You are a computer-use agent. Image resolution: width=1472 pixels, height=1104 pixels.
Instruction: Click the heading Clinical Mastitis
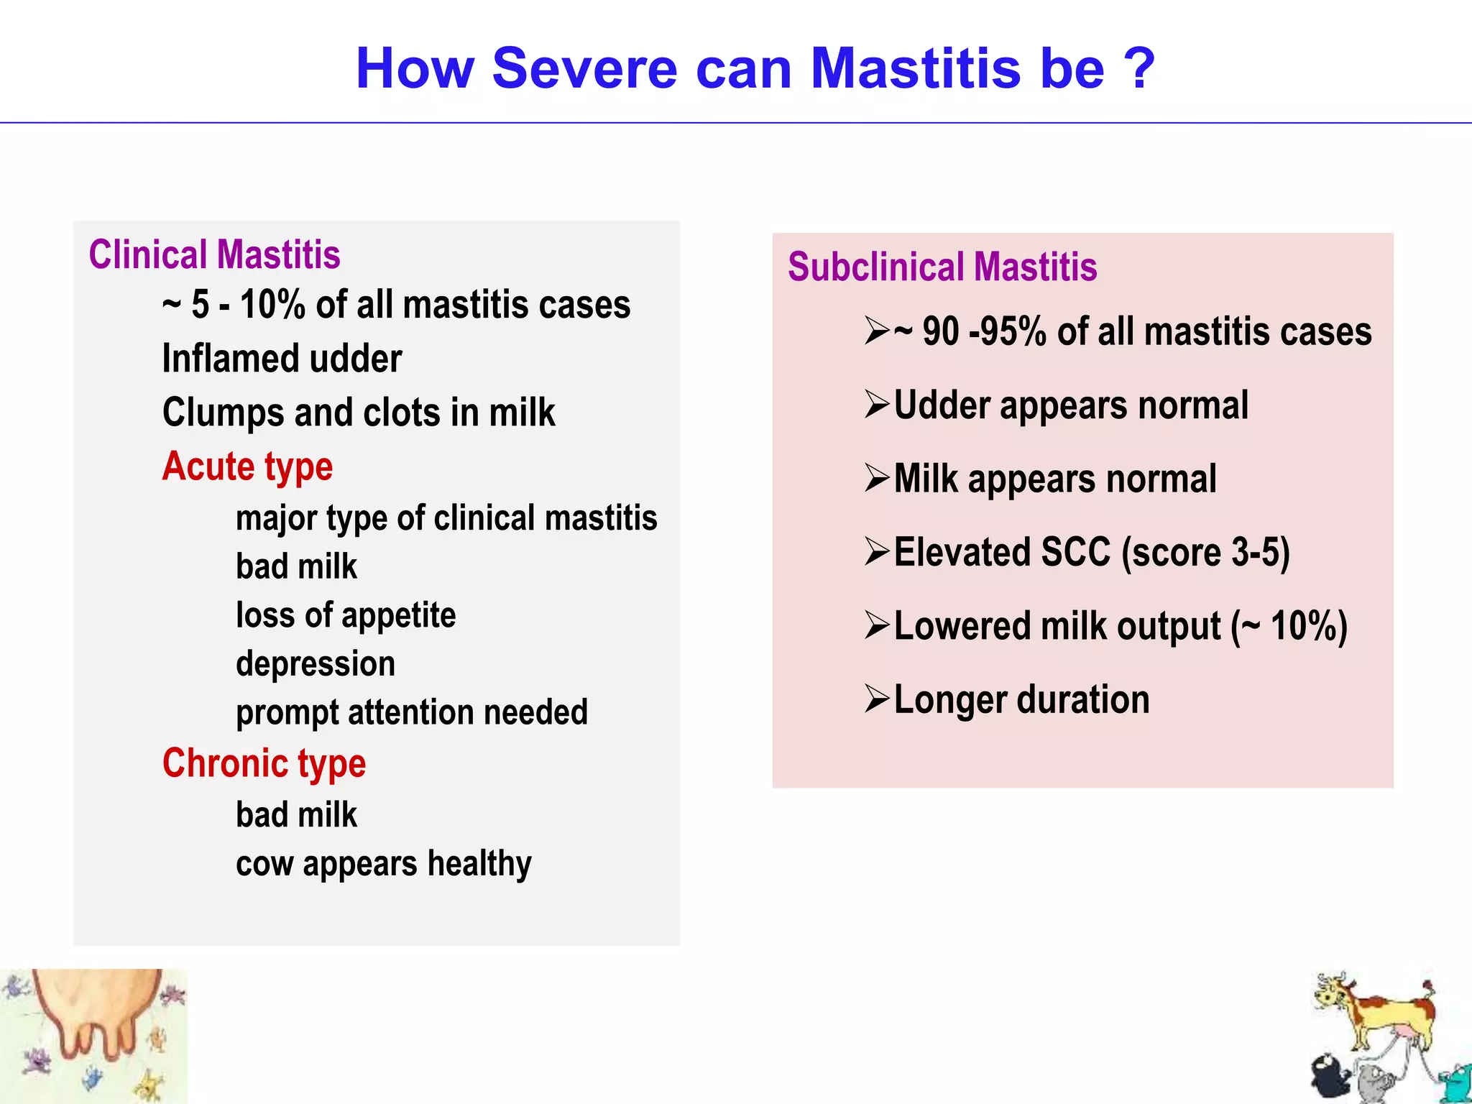click(214, 255)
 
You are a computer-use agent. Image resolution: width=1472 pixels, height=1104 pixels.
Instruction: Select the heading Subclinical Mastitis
click(942, 267)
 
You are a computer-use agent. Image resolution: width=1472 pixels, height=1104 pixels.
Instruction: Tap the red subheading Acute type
click(247, 467)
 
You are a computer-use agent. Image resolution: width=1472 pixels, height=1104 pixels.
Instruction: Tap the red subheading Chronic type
click(264, 763)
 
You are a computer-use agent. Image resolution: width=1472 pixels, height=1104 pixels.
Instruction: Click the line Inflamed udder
click(282, 359)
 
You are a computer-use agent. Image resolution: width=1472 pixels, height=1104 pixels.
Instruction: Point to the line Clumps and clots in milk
click(359, 413)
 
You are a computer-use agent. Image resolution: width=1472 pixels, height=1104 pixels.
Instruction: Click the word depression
click(316, 663)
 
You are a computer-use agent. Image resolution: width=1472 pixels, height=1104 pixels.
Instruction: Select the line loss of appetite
click(346, 615)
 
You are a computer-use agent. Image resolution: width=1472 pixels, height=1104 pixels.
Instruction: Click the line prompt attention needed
click(412, 712)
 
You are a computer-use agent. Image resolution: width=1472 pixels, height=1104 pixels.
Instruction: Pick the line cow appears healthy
click(384, 864)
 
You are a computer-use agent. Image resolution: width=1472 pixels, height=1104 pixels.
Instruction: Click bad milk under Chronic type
click(296, 815)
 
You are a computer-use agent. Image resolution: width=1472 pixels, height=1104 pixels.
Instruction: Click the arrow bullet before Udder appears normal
click(878, 405)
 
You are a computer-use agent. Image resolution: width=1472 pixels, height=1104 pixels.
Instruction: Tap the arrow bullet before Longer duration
click(878, 699)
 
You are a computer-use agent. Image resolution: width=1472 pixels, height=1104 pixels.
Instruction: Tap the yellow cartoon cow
click(1373, 1013)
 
